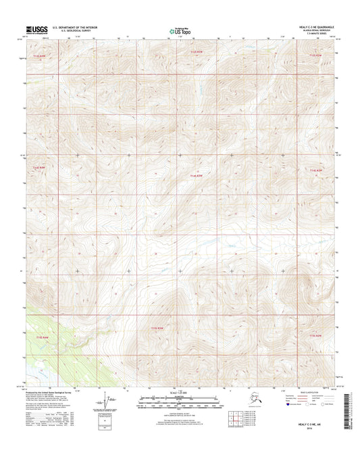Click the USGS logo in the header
coord(38,30)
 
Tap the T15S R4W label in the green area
coord(42,336)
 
